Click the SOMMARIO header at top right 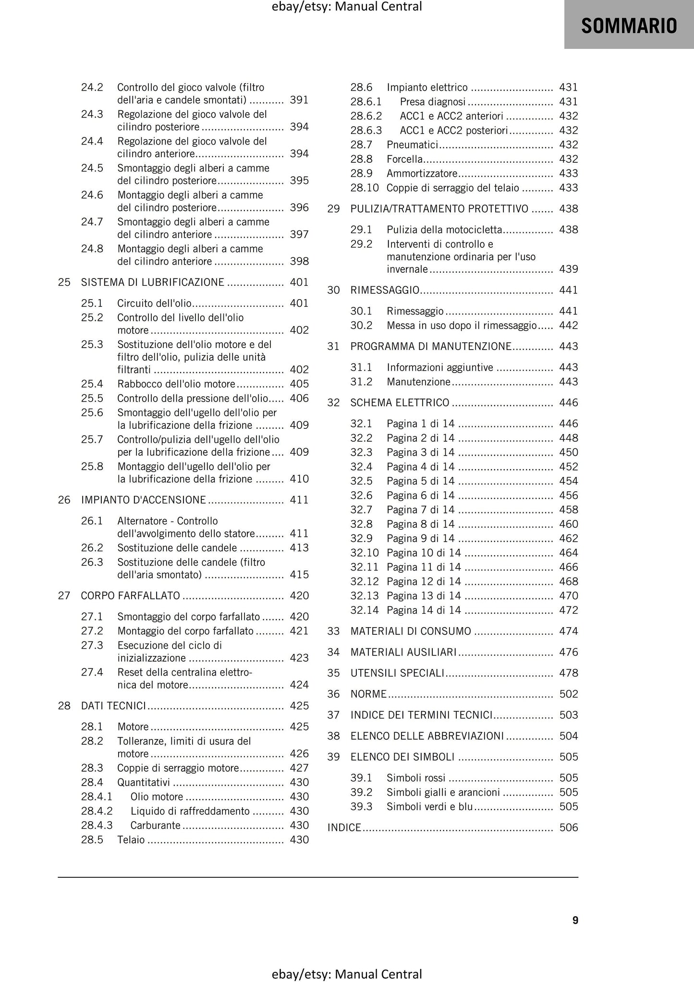[x=629, y=25]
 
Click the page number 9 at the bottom [x=575, y=920]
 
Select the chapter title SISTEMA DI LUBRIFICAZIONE [x=152, y=282]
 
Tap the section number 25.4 [x=92, y=384]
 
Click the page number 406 [x=299, y=398]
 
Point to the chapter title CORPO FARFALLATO [x=130, y=595]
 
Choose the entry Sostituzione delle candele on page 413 [x=177, y=547]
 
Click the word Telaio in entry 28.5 [x=131, y=839]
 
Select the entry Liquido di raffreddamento [x=190, y=811]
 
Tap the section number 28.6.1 [x=365, y=101]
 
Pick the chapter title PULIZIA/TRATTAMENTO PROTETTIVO [x=439, y=209]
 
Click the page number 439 [x=569, y=269]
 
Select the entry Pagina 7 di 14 [x=420, y=509]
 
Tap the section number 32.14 [x=364, y=610]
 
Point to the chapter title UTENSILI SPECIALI [x=397, y=673]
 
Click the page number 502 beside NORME [x=569, y=694]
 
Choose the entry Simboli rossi [x=415, y=777]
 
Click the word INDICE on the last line [x=344, y=827]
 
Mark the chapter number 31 [x=333, y=346]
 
